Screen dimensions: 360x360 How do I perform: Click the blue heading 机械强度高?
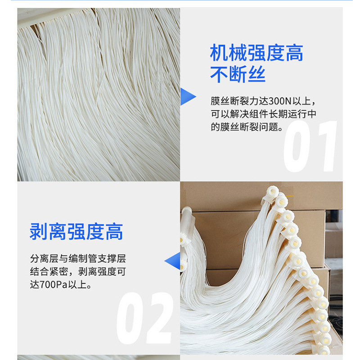tap(256, 53)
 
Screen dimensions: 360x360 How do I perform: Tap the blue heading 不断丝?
tap(238, 74)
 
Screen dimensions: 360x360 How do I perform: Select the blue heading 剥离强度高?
tap(76, 231)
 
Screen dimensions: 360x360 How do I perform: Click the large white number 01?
tap(310, 146)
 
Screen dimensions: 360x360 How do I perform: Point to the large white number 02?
tap(144, 318)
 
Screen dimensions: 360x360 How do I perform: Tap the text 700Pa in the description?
tap(53, 285)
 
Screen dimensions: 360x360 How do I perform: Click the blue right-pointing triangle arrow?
tap(188, 97)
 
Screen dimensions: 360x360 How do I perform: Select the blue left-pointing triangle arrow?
tap(172, 261)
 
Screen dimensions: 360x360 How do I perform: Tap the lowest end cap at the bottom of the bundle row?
tap(324, 351)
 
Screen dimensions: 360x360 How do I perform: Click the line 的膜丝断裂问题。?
tap(247, 127)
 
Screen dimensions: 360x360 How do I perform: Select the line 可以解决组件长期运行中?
tap(264, 114)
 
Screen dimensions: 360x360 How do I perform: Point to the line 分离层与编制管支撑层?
tap(78, 258)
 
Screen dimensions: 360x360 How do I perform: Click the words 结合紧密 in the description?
tap(49, 272)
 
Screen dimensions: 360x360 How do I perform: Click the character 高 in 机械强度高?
tap(294, 53)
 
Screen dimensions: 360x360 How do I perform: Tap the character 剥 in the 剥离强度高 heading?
tap(39, 231)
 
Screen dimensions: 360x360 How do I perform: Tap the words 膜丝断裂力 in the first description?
tap(234, 101)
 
